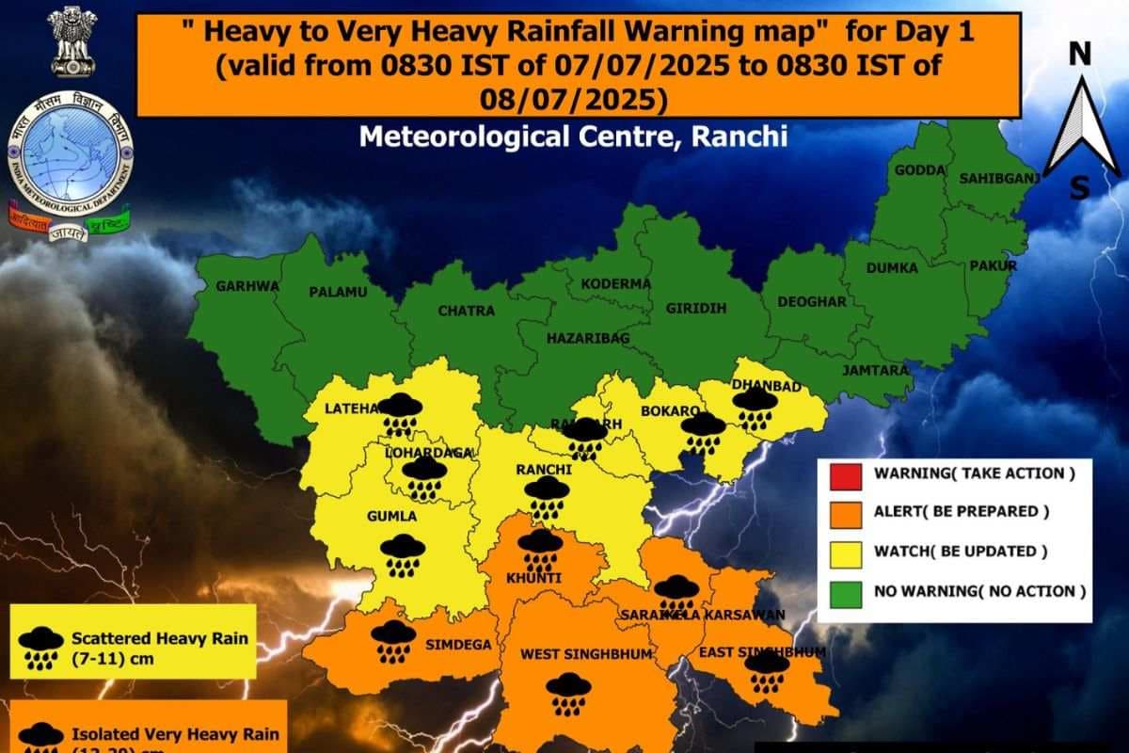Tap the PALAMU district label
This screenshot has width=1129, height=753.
point(338,293)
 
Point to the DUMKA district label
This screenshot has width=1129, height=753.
point(892,268)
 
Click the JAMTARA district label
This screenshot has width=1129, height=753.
point(876,370)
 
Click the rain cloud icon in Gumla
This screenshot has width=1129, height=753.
point(403,554)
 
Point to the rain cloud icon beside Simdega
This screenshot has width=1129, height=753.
point(393,641)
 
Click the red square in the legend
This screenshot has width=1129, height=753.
point(845,473)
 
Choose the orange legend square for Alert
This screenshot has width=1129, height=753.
point(845,512)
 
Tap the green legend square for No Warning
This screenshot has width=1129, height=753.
point(845,591)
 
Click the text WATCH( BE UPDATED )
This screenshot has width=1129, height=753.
point(961,552)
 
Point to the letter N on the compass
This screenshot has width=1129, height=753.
point(1080,55)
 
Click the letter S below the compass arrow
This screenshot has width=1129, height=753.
point(1080,189)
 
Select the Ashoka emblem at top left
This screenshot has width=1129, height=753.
point(72,40)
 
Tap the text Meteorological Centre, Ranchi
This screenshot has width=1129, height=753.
point(573,136)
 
